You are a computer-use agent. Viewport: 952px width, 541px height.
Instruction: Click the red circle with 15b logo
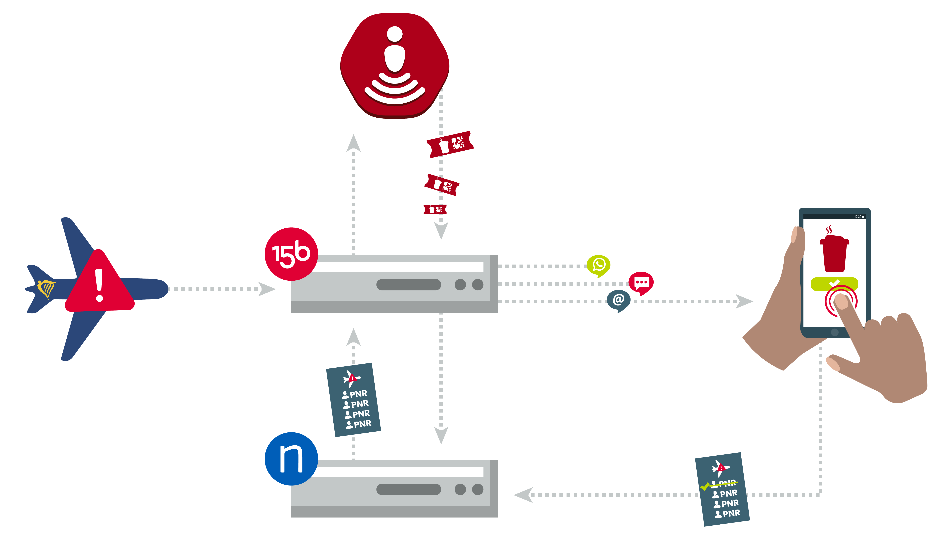coord(291,254)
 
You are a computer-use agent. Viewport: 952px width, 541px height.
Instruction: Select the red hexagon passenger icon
coord(395,66)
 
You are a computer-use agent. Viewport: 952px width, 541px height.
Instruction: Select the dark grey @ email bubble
coord(618,300)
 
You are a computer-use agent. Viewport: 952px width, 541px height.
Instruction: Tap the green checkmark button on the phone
coord(834,284)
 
